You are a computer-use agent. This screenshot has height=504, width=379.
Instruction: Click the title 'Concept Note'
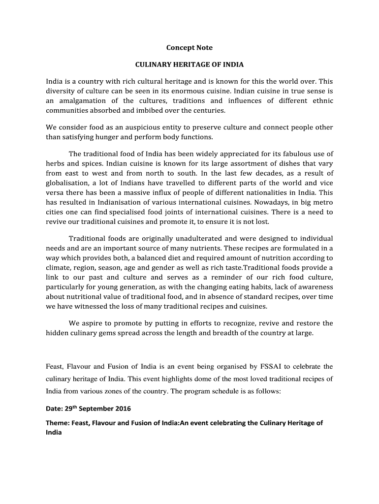[189, 48]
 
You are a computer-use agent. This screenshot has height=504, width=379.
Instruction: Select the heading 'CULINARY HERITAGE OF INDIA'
[189, 64]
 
